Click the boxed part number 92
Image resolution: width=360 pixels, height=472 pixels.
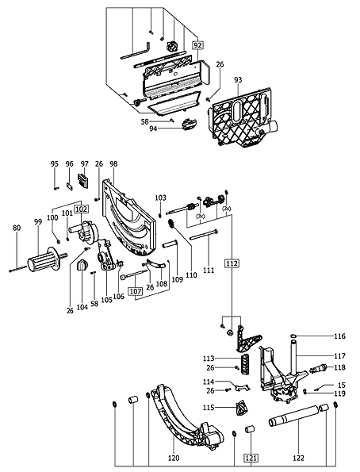[198, 47]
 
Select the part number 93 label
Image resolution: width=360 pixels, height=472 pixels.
[238, 81]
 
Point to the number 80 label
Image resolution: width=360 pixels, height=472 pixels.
[17, 228]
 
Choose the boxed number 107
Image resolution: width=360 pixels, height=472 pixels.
[135, 291]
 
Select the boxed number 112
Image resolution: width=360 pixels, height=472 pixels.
[232, 263]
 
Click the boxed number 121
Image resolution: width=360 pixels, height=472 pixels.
[251, 458]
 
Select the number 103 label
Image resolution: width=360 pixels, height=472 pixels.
[160, 197]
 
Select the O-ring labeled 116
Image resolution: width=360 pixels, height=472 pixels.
[293, 337]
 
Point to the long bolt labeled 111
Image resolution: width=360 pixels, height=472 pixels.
[205, 232]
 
